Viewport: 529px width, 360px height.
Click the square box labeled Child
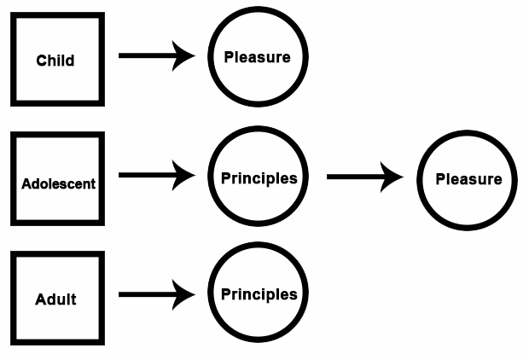(56, 60)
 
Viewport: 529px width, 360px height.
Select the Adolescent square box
(56, 179)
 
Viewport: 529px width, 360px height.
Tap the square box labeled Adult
(56, 298)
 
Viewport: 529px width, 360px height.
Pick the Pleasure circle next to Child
(258, 57)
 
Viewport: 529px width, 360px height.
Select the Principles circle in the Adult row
(258, 295)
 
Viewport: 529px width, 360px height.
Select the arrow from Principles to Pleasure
(364, 177)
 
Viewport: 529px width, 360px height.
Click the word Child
(55, 61)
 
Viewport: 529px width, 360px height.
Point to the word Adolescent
(59, 183)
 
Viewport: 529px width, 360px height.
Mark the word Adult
(55, 299)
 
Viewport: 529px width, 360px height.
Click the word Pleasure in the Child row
(257, 57)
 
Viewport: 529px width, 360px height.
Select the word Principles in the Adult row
(259, 294)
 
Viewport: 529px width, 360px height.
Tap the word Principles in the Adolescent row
(259, 178)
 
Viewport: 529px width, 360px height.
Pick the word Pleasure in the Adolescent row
(468, 179)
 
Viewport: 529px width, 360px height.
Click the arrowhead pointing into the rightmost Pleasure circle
(393, 177)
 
